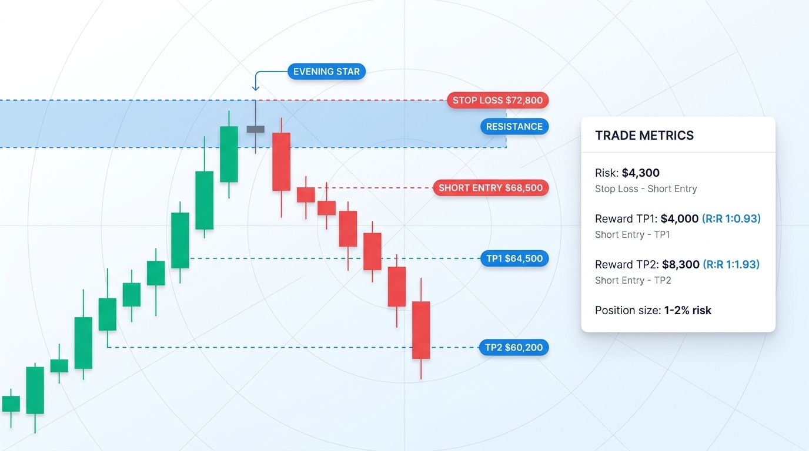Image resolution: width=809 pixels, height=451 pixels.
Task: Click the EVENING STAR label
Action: [327, 72]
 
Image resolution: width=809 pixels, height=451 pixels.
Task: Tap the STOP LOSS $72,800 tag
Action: [497, 100]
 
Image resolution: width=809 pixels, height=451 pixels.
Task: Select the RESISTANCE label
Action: [514, 126]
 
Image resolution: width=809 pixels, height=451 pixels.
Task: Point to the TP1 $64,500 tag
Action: [514, 258]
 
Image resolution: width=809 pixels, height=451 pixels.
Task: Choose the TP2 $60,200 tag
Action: [514, 348]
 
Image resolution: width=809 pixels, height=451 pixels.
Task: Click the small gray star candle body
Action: [255, 129]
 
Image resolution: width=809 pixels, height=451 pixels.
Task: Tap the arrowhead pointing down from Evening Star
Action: [255, 88]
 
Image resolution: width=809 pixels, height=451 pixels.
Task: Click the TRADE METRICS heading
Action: [644, 136]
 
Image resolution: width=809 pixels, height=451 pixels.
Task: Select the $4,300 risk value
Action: [641, 173]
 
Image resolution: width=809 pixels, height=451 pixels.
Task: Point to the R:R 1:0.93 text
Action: [731, 219]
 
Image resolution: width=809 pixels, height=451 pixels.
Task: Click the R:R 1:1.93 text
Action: [731, 265]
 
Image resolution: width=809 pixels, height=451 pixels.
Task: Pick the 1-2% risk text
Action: [688, 311]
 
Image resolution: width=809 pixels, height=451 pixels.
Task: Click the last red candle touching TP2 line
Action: [421, 329]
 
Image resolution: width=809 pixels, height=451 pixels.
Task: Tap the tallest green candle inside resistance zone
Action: [229, 154]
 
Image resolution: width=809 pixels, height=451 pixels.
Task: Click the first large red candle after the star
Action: [281, 161]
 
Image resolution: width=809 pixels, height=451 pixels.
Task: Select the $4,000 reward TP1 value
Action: [680, 219]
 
